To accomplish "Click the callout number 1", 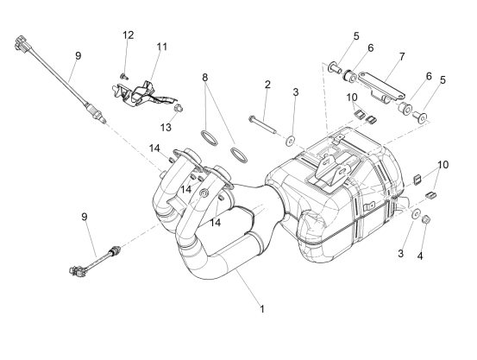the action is tap(262, 309).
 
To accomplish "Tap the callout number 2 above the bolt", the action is tap(267, 85).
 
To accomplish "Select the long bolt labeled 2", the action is tap(262, 124).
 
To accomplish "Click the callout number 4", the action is tap(420, 256).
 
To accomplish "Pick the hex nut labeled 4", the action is tap(425, 219).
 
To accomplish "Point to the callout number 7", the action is tap(402, 57).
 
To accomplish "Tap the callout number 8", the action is tap(205, 78).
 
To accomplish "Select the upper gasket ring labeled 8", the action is tap(210, 137).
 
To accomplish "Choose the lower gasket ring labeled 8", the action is tap(239, 155).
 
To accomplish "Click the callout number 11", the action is tap(162, 47).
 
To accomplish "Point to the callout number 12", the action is tap(129, 35).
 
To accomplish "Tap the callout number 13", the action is tap(166, 127).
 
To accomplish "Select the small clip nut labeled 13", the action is tap(178, 107).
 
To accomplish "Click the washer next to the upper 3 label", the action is tap(290, 141).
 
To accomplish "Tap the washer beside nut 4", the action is tap(416, 213).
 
